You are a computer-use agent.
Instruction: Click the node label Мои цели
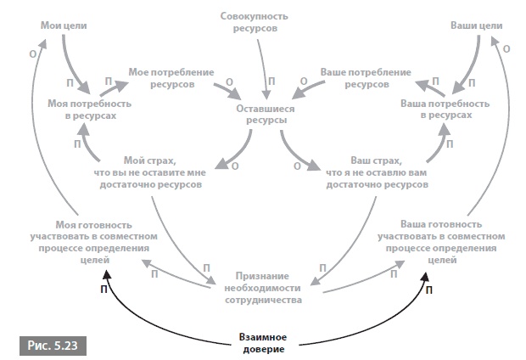(61, 26)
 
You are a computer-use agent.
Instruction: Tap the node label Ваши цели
(469, 26)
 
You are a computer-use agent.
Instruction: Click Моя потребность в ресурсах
(81, 109)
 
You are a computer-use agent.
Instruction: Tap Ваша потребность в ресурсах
(445, 109)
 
